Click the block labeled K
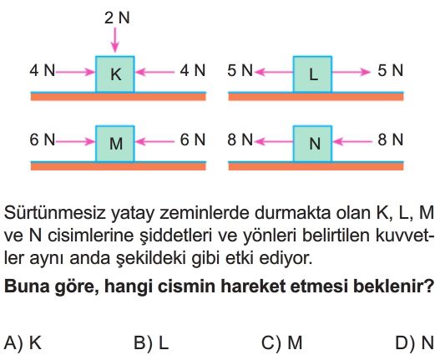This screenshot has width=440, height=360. tap(114, 74)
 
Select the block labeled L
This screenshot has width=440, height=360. tap(312, 74)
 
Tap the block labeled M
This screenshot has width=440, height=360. tap(114, 144)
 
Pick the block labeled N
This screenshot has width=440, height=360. tap(312, 144)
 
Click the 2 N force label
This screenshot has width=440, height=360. tap(117, 18)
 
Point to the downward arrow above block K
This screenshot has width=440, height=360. tap(114, 40)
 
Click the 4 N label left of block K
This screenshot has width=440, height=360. tap(43, 70)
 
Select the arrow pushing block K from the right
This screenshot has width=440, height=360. tap(155, 72)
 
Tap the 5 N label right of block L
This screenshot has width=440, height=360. tap(390, 70)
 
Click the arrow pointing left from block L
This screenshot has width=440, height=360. tap(274, 72)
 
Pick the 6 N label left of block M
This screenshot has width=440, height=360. tap(43, 139)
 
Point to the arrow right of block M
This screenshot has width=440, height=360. tap(155, 141)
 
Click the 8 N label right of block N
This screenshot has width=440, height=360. tap(390, 139)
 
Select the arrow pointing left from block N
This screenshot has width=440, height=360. tap(274, 141)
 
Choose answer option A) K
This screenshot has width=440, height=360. tap(23, 342)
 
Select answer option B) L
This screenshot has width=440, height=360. tap(151, 342)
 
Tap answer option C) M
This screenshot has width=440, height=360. tap(281, 342)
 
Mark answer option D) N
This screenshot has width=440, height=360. tap(415, 342)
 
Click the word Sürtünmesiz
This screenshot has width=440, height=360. tap(54, 212)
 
